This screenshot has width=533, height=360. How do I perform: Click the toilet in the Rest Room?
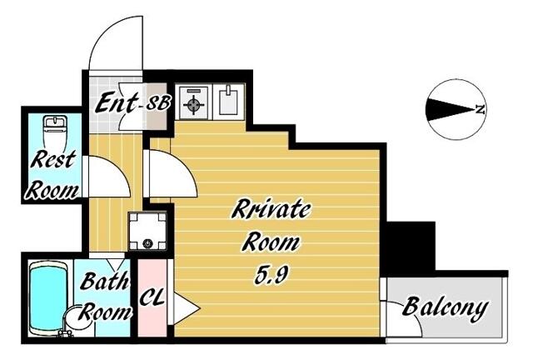pos(55,129)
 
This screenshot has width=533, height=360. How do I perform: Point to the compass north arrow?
pos(455,107)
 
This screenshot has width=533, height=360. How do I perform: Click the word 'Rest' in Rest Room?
pos(54,159)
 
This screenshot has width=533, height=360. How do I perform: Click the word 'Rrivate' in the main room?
pos(271,210)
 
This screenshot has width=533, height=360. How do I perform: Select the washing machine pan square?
pos(148,229)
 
